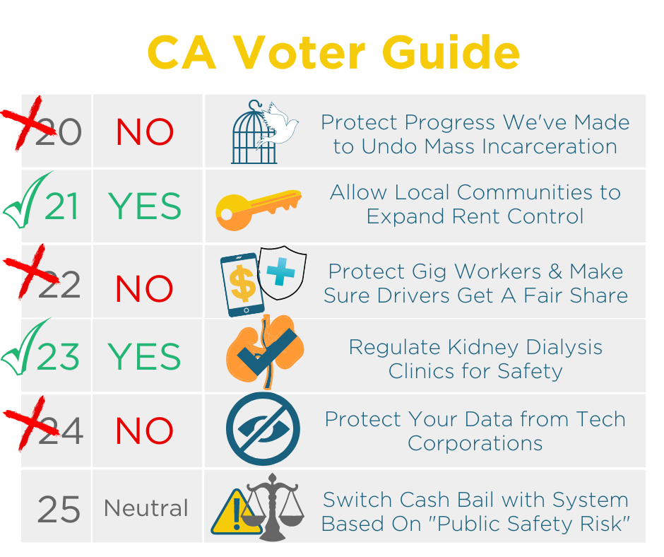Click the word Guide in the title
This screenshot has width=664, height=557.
click(451, 52)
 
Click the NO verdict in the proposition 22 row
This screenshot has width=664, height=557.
click(144, 288)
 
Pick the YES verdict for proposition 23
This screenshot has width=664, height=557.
click(144, 356)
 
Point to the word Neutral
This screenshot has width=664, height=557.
click(146, 508)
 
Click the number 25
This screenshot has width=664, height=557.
click(59, 509)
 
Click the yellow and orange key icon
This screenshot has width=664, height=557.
click(259, 209)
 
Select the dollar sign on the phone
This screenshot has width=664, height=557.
click(242, 283)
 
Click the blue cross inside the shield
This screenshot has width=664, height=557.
click(280, 271)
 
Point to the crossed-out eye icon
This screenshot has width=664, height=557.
click(263, 428)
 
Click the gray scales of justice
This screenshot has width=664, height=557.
click(273, 507)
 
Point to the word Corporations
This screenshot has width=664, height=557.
click(475, 444)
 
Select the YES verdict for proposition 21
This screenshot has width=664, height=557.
click(144, 206)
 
